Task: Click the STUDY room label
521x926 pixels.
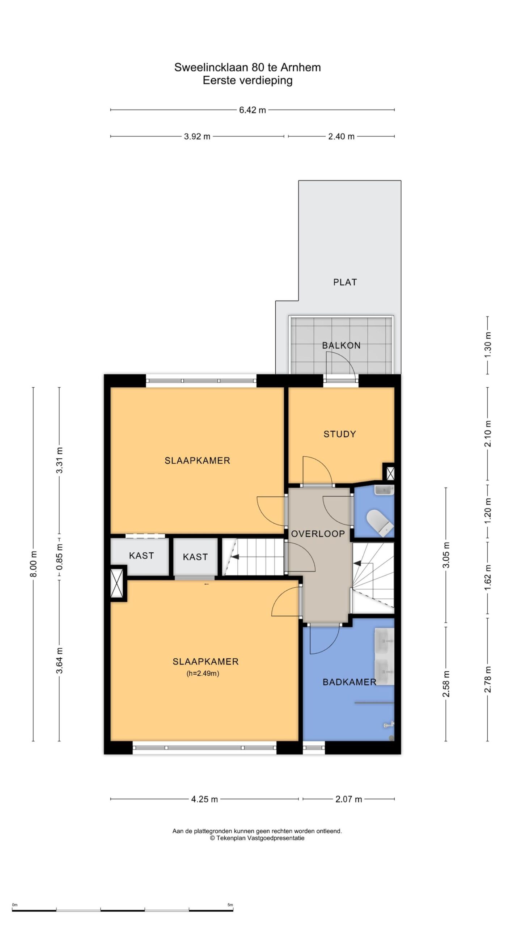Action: point(339,434)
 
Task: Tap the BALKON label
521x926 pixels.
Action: point(341,345)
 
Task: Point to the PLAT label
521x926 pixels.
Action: point(345,282)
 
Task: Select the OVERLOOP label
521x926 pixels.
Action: point(318,534)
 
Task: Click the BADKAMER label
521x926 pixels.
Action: point(349,682)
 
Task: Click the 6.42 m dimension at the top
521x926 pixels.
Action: point(252,110)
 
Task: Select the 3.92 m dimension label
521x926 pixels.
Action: point(197,136)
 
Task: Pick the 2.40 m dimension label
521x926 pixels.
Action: point(341,136)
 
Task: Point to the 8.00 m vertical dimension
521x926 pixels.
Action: point(33,564)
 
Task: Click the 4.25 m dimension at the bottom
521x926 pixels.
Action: point(204,799)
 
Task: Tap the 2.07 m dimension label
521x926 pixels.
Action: point(348,799)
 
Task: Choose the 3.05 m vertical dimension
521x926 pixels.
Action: point(446,555)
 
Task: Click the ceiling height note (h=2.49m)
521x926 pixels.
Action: point(203,674)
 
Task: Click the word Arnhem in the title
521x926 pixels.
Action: point(301,68)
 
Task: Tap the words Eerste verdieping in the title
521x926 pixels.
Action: point(247,80)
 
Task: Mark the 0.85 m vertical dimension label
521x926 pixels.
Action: point(59,557)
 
